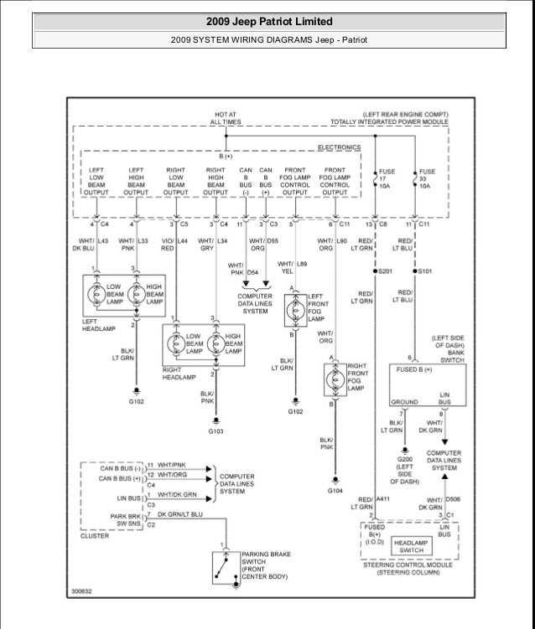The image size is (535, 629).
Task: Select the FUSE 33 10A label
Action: point(426,178)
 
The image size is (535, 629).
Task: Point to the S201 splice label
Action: point(386,271)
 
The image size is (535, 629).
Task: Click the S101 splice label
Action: point(426,271)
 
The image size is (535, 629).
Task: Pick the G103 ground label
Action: point(216,431)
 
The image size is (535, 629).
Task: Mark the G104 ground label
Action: point(335,490)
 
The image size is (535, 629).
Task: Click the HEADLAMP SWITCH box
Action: point(413,545)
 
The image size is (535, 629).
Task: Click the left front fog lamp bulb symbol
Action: point(293,309)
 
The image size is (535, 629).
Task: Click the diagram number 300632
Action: point(81,591)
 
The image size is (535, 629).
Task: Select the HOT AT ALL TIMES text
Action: point(226,117)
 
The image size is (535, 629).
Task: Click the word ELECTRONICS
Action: point(339,147)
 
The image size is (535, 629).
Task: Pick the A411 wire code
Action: point(383,499)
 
